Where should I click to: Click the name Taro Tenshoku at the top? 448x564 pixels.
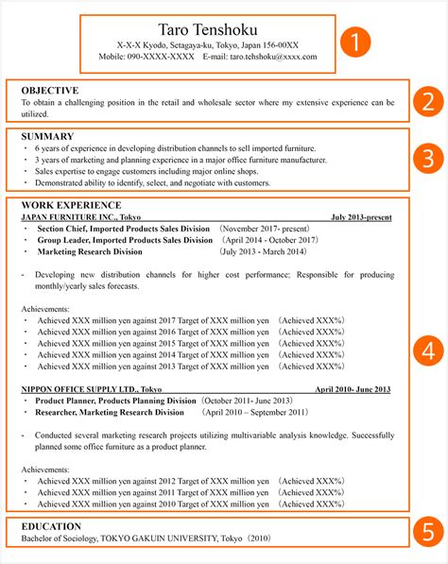pos(207,26)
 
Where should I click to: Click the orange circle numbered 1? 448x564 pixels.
pos(354,42)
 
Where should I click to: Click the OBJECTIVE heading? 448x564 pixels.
pos(50,88)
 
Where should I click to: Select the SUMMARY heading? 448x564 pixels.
pos(46,136)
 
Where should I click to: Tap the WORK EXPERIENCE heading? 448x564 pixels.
pos(71,204)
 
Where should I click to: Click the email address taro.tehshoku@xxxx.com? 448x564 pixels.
pos(273,58)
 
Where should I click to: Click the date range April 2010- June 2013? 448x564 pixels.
pos(353,389)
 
